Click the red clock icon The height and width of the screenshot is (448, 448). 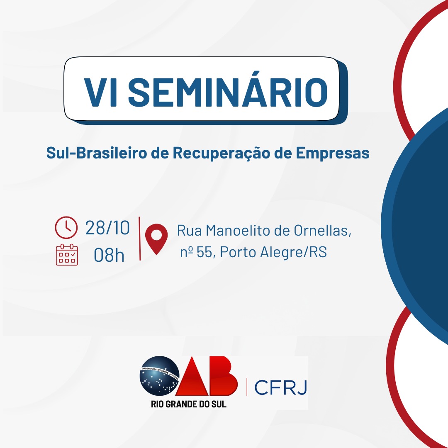pos(66,227)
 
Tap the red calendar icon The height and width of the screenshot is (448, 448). pos(66,255)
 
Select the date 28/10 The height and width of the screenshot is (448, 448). pos(107,228)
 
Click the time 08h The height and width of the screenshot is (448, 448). pos(109,255)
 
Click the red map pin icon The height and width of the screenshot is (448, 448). pos(156,238)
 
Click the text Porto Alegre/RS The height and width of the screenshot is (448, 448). pos(273,252)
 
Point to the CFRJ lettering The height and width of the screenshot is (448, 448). pos(280,387)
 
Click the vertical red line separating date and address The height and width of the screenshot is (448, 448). pos(139,239)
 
